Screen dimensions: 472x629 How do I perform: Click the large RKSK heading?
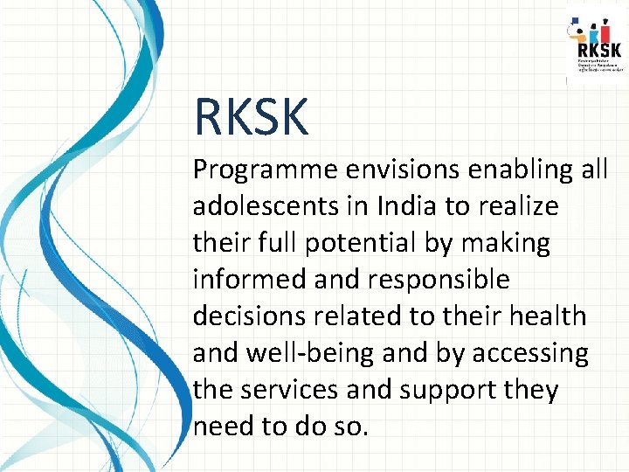[x=252, y=118]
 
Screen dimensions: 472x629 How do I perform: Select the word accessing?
[x=530, y=353]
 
